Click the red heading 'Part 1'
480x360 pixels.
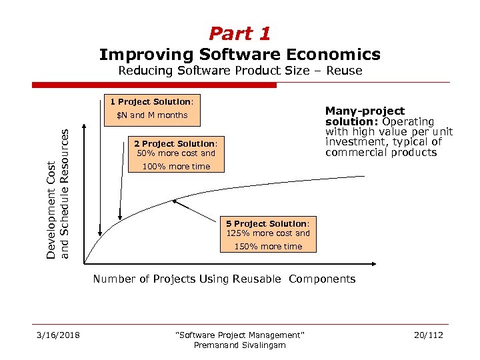coord(239,33)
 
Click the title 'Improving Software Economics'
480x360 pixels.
coord(239,54)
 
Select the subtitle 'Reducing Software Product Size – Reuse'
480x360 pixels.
coord(239,71)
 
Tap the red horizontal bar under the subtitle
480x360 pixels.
coord(154,85)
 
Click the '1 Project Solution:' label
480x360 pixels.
coord(152,102)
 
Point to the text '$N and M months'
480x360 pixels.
coord(152,115)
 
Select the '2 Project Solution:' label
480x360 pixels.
coord(176,143)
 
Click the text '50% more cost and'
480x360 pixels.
coord(176,153)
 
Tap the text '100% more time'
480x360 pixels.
coord(176,167)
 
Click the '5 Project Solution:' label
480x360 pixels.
coord(268,223)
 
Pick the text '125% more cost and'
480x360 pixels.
coord(268,233)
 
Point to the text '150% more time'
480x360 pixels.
coord(268,247)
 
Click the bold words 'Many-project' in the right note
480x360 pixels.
coord(365,111)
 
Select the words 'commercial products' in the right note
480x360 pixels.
coord(381,153)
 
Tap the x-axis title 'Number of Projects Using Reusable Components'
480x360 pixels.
coord(224,279)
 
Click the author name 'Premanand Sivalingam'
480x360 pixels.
coord(239,345)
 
